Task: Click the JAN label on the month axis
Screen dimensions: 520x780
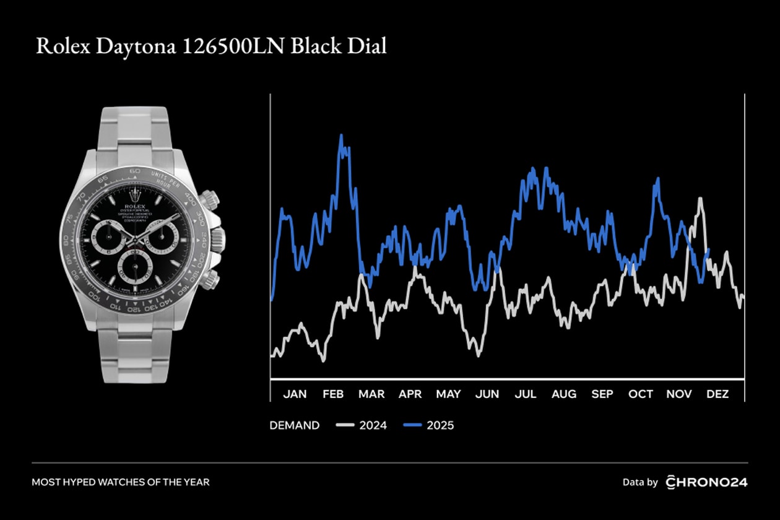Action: click(295, 394)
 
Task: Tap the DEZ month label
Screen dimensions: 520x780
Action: click(717, 394)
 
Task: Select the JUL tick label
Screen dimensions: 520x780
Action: click(526, 394)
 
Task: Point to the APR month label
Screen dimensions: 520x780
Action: click(410, 394)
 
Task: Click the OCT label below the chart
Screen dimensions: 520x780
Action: click(641, 394)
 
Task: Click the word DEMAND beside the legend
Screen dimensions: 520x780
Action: click(295, 425)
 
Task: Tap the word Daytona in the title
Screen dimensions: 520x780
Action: click(134, 47)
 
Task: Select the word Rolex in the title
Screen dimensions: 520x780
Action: click(62, 47)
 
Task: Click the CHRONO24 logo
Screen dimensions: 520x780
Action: click(706, 482)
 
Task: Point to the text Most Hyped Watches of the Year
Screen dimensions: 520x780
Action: click(121, 482)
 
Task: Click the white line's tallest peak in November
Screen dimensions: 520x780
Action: click(700, 199)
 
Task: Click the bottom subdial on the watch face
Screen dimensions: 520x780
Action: click(136, 265)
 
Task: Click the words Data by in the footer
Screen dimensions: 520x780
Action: click(640, 482)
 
